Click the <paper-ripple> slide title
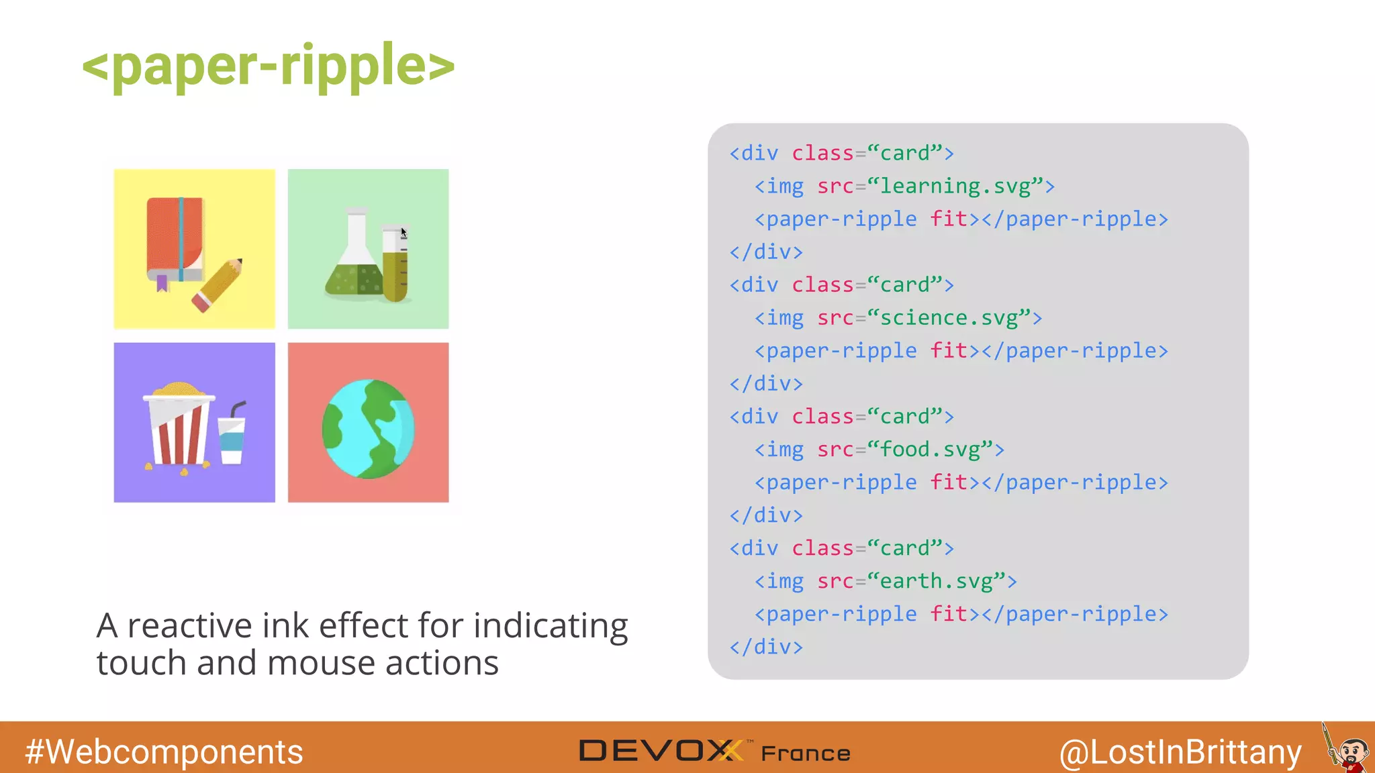(x=268, y=65)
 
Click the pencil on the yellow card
(x=218, y=285)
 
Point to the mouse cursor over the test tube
(x=404, y=232)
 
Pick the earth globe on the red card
(x=368, y=429)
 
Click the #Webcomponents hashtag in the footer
(x=164, y=752)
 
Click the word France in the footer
(x=806, y=754)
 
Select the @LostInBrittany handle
(x=1180, y=752)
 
